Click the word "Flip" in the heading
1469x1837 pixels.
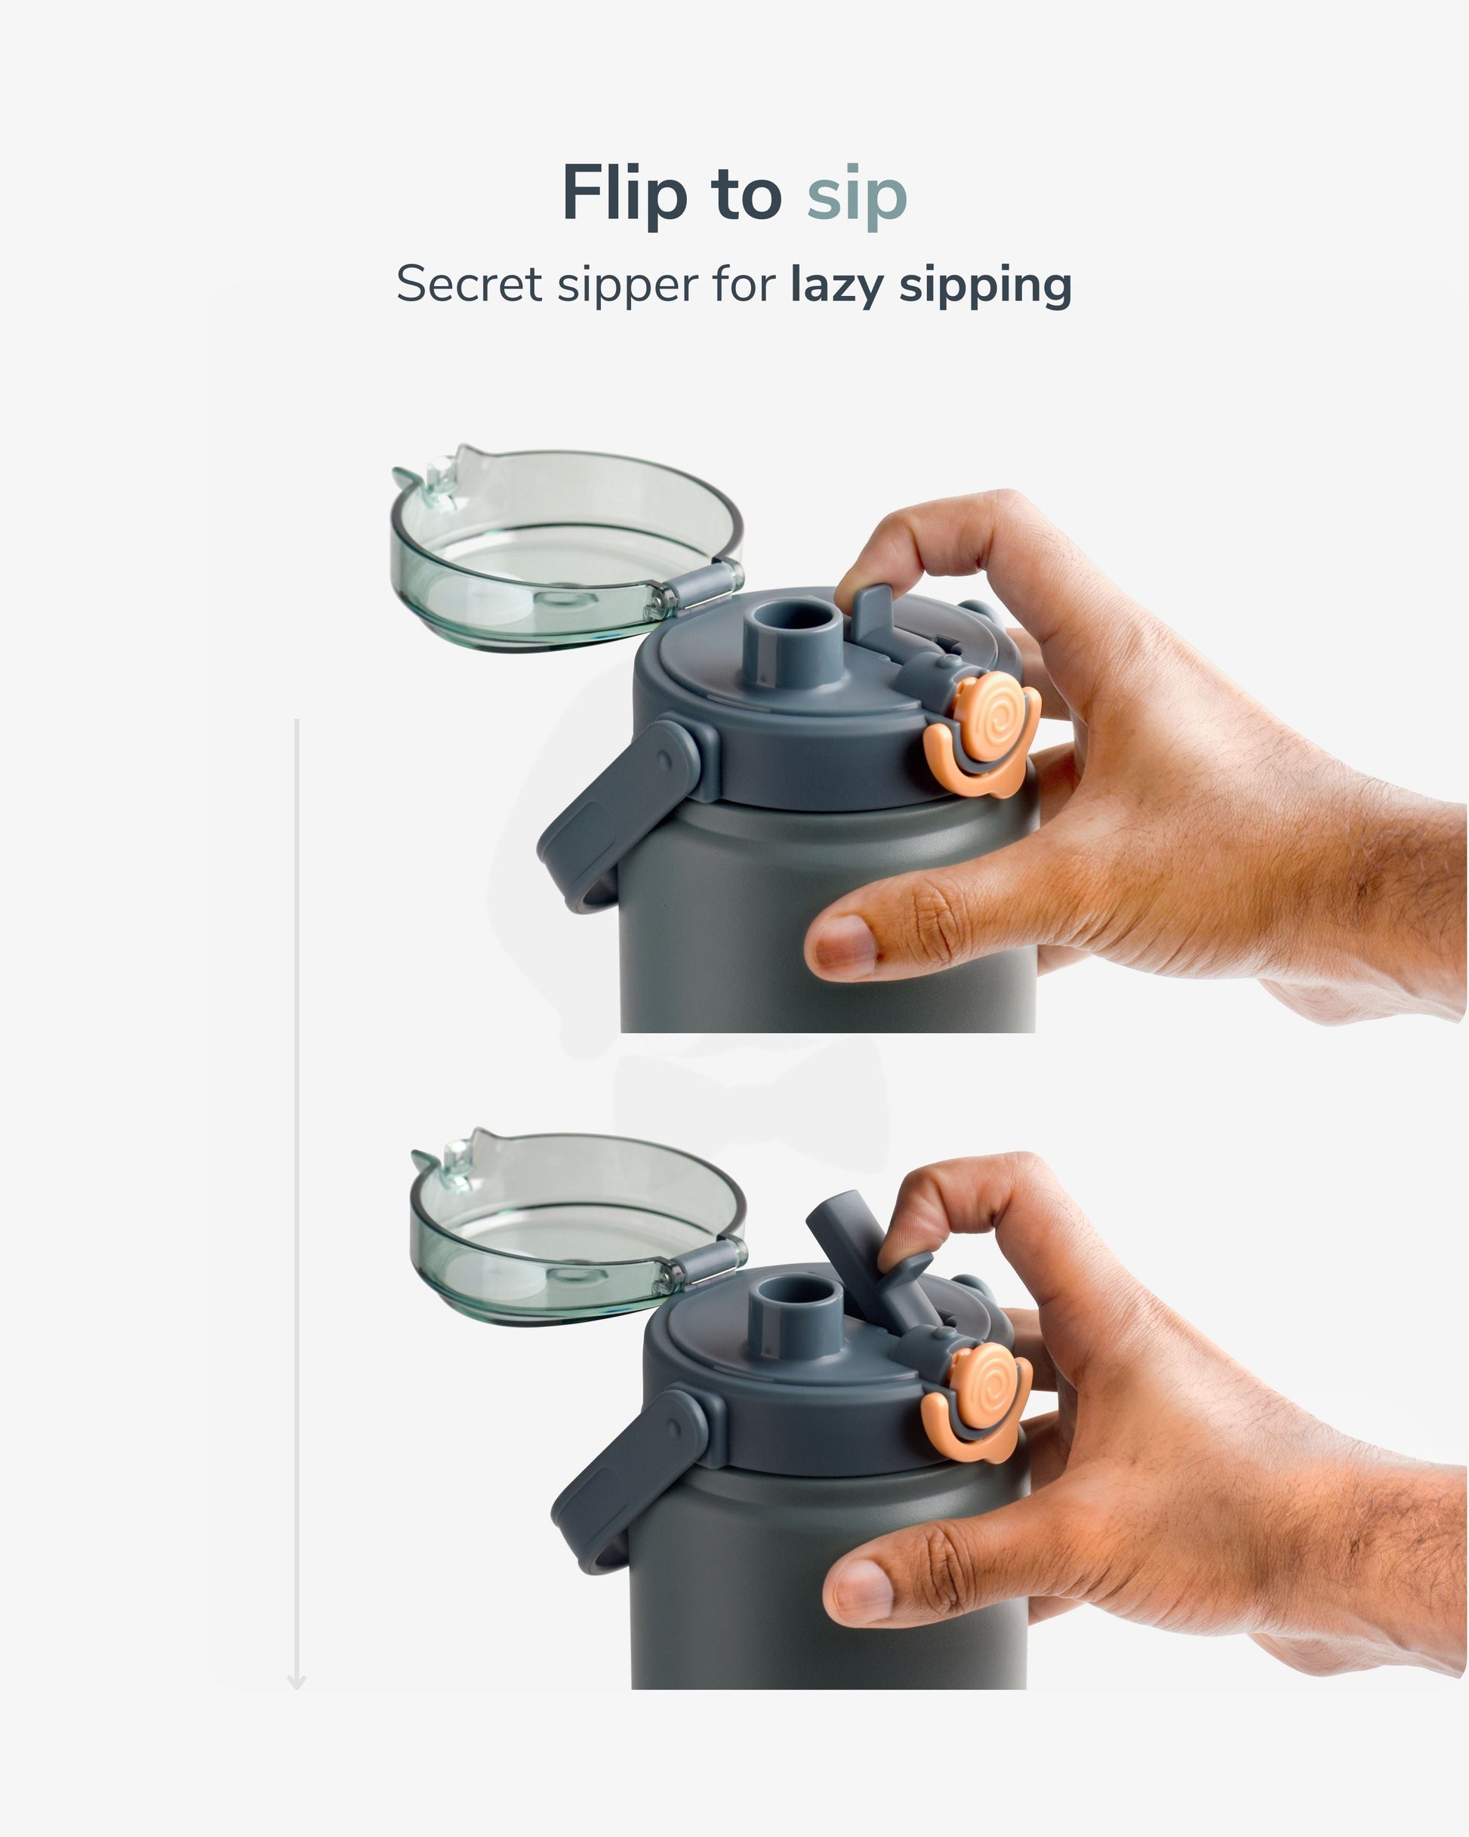[x=624, y=195]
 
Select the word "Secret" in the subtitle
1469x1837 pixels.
[x=469, y=284]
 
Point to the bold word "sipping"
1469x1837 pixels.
[x=986, y=286]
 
